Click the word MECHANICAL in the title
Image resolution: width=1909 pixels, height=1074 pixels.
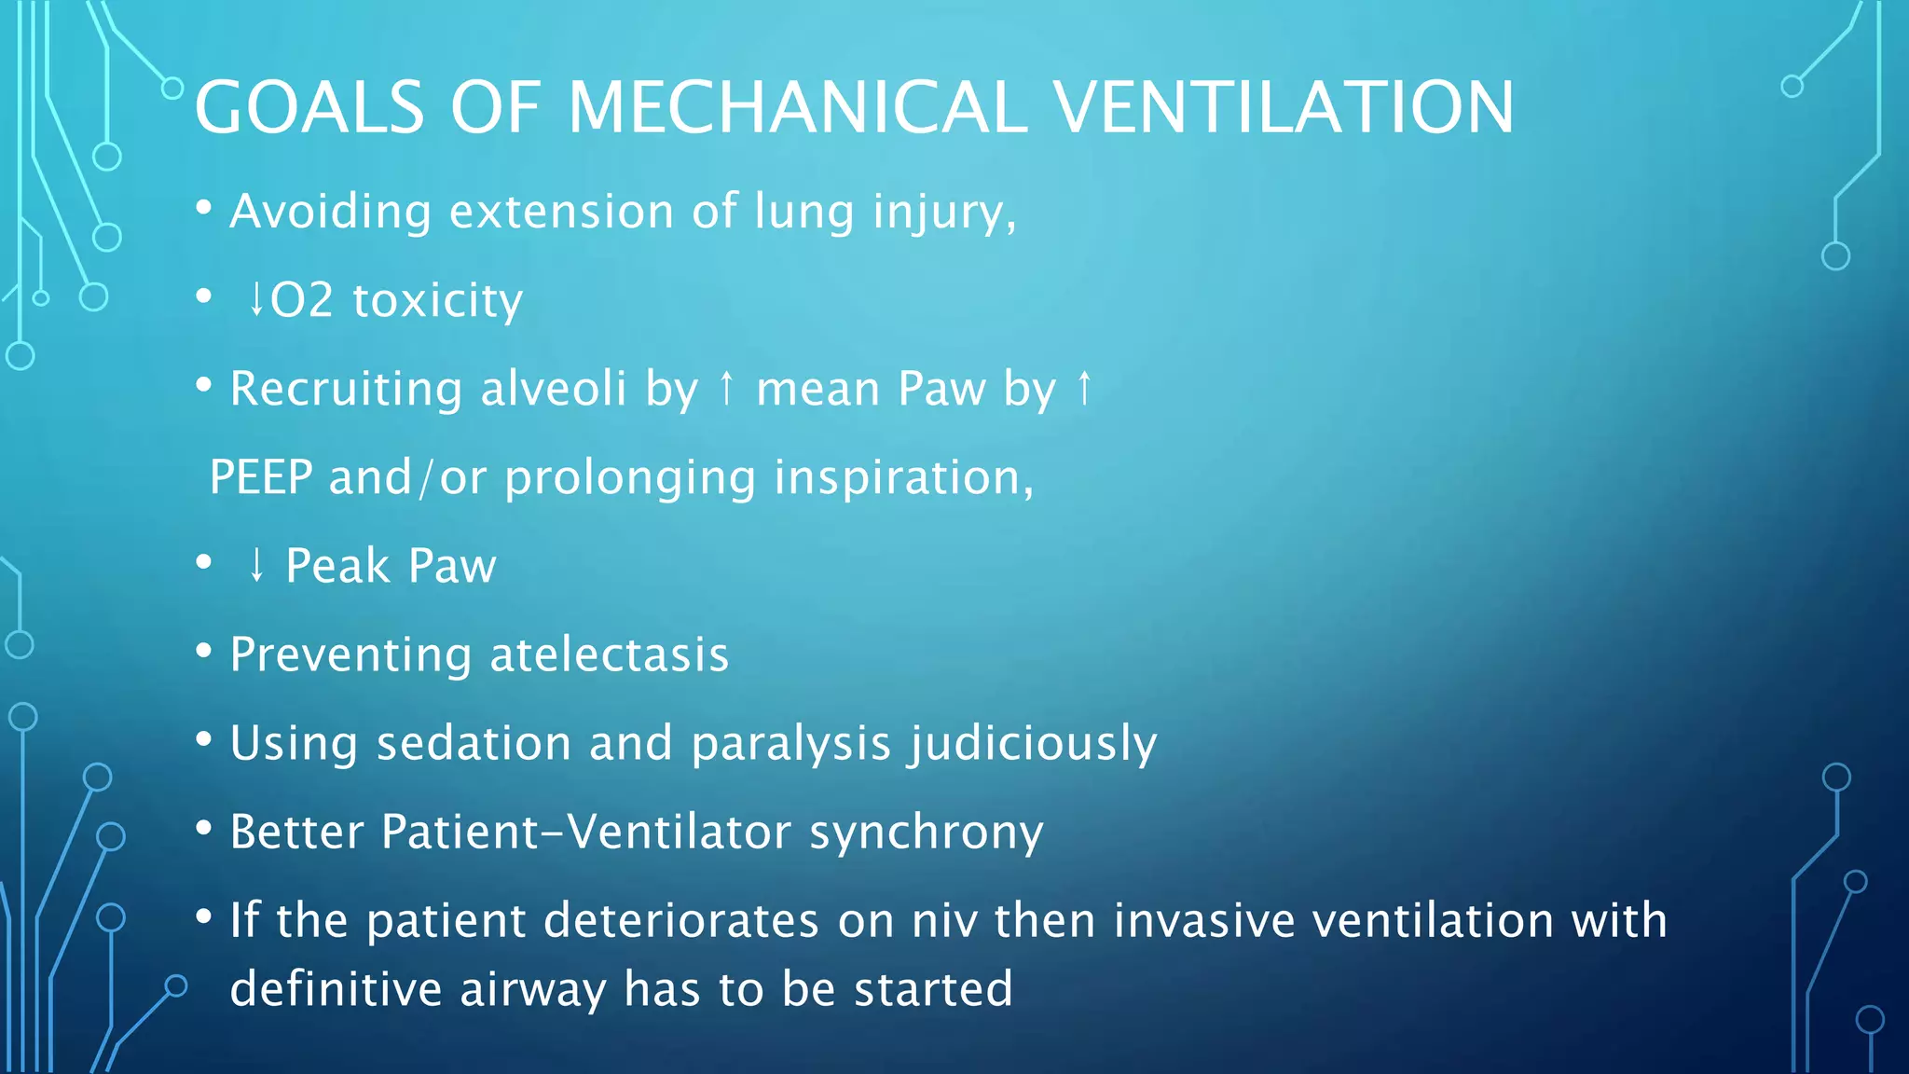[x=797, y=107]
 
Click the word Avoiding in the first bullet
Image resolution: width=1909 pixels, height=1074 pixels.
[x=330, y=212]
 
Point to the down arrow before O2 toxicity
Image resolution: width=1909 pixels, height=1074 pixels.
[x=256, y=300]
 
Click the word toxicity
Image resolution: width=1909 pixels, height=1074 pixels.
[x=437, y=301]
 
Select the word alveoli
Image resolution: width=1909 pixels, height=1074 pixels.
[x=553, y=389]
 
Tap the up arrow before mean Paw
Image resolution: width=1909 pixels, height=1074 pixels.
[x=727, y=389]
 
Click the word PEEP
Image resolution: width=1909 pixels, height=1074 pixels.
[x=261, y=477]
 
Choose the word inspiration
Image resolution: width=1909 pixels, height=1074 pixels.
[x=903, y=477]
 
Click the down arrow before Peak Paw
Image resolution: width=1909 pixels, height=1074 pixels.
[x=256, y=566]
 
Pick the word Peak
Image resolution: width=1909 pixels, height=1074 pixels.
[x=337, y=566]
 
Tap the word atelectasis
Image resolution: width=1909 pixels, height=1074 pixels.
[x=609, y=654]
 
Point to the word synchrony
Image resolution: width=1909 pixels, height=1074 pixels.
[x=926, y=833]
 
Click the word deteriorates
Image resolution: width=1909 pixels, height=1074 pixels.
[x=681, y=921]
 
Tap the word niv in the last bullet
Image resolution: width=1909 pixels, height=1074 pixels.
[x=944, y=921]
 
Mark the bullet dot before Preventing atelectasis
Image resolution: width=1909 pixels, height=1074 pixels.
[x=204, y=652]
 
